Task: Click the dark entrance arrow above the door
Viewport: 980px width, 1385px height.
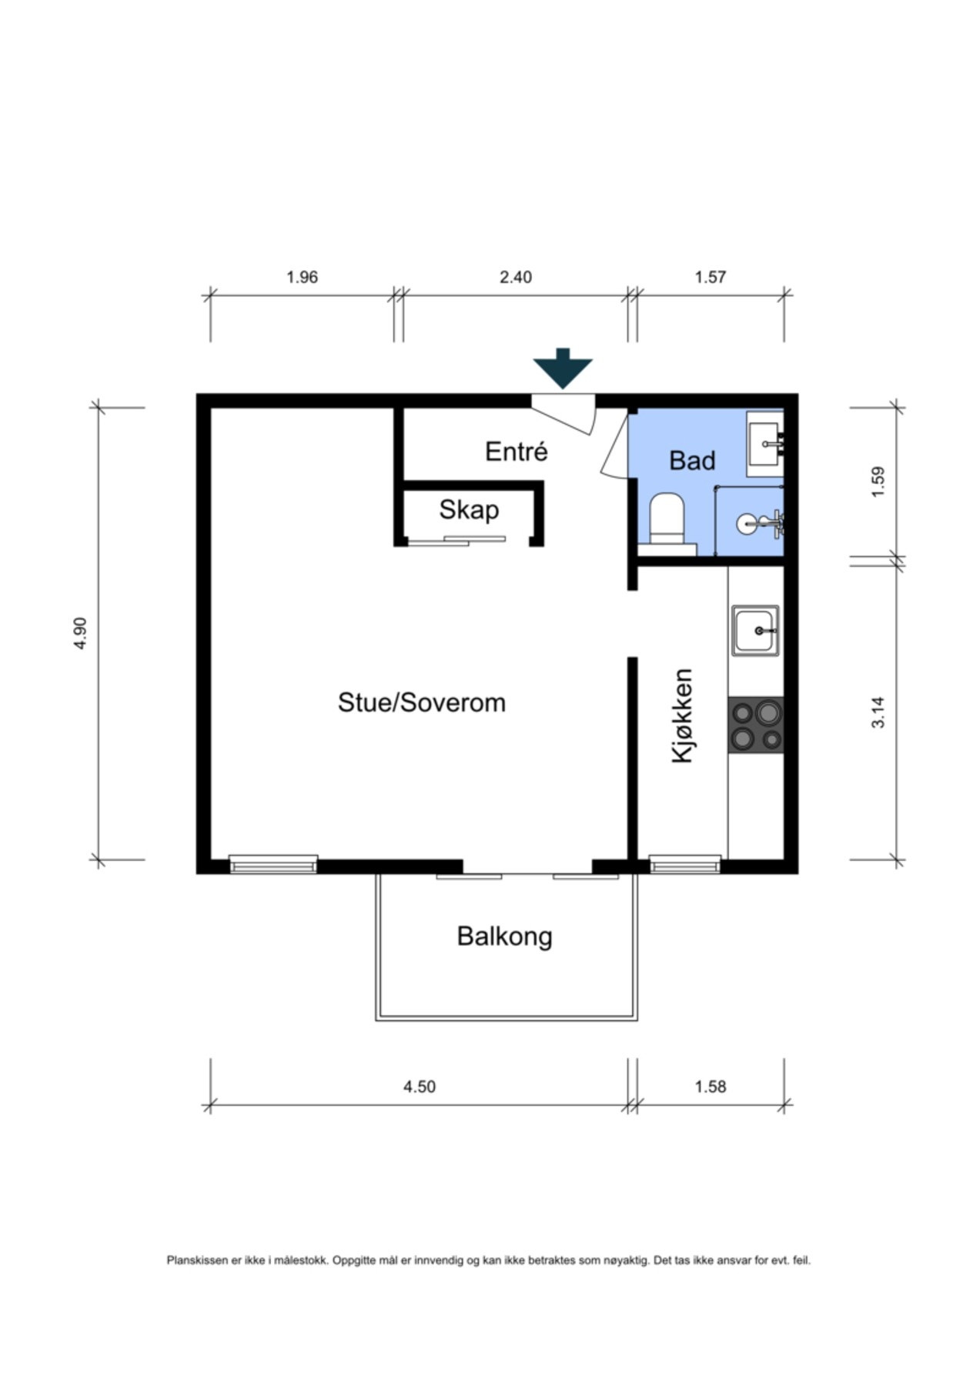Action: pyautogui.click(x=563, y=368)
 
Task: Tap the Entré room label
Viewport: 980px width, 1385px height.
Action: pyautogui.click(x=517, y=451)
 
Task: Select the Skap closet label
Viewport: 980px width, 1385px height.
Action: pyautogui.click(x=469, y=510)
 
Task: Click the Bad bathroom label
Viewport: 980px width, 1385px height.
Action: pyautogui.click(x=692, y=460)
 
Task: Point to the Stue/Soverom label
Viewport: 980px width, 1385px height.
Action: pyautogui.click(x=422, y=703)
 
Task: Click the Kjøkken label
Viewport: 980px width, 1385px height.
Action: pyautogui.click(x=683, y=716)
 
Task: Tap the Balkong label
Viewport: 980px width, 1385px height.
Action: pyautogui.click(x=504, y=936)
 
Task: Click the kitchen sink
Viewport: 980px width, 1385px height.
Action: pyautogui.click(x=755, y=631)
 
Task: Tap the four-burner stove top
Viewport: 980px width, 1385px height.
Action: pyautogui.click(x=756, y=725)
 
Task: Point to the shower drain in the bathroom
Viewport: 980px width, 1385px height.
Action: pyautogui.click(x=747, y=524)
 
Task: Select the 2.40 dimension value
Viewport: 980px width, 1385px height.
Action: pyautogui.click(x=516, y=277)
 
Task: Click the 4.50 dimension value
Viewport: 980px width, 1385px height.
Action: pyautogui.click(x=420, y=1086)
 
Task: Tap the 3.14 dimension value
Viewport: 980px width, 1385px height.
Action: pyautogui.click(x=878, y=712)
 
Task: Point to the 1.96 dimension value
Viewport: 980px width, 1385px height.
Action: pyautogui.click(x=303, y=277)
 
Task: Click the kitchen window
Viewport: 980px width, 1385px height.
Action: pyautogui.click(x=685, y=864)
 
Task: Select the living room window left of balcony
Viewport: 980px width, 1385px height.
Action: pyautogui.click(x=273, y=864)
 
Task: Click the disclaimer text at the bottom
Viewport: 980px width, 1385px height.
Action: pyautogui.click(x=489, y=1260)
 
